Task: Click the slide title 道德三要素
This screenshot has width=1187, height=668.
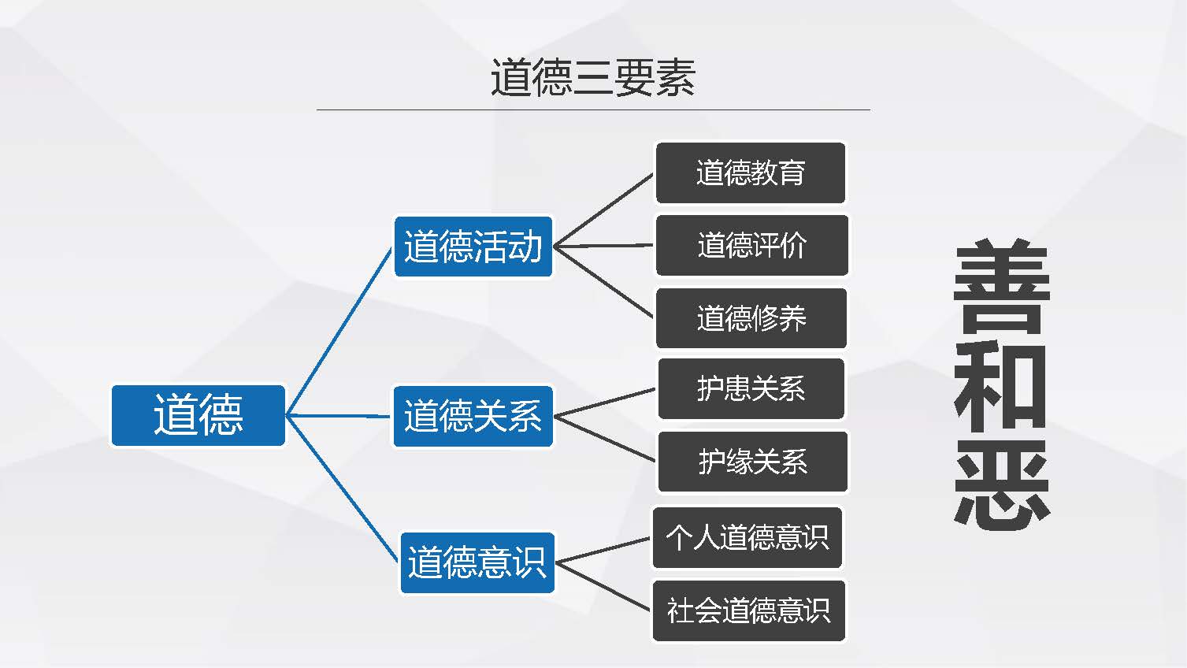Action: point(592,78)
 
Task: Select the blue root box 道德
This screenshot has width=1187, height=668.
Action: point(198,415)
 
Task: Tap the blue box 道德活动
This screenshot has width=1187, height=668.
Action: point(473,247)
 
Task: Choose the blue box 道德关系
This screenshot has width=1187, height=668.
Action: point(473,416)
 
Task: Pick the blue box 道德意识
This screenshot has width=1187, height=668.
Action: point(477,562)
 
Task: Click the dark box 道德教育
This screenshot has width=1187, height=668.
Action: point(750,173)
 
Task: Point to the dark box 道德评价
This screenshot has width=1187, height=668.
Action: point(751,245)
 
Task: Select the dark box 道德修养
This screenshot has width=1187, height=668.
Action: point(751,318)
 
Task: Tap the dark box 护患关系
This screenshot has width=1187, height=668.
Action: point(751,388)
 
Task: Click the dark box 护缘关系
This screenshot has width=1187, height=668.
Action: point(752,462)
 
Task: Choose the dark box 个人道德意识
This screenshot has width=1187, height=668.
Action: point(747,537)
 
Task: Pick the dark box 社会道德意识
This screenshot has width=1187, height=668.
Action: point(748,610)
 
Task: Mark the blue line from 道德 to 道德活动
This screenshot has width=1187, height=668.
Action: point(339,331)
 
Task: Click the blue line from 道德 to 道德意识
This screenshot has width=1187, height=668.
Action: point(343,488)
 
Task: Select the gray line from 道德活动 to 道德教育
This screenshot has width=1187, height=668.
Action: point(604,210)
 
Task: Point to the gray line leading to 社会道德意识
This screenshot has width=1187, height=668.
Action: point(604,587)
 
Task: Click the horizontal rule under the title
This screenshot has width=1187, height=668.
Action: point(592,109)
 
